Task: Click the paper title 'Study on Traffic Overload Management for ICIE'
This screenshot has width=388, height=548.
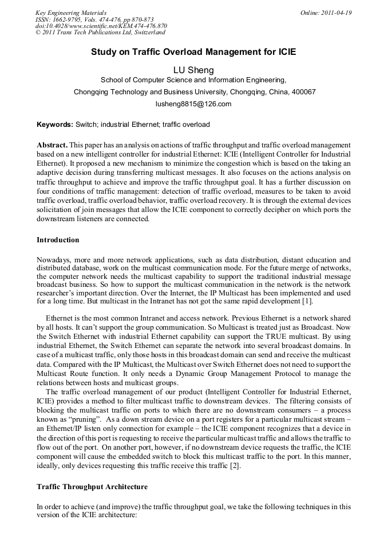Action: [x=193, y=51]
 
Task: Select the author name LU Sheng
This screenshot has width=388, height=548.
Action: [x=193, y=70]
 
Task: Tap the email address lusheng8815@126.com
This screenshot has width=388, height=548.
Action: [x=193, y=104]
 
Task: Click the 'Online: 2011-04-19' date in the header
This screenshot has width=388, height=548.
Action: [x=326, y=13]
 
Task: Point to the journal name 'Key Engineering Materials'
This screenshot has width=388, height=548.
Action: [x=70, y=13]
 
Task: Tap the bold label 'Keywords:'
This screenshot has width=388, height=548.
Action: [x=55, y=125]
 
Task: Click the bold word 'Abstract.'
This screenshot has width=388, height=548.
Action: [x=52, y=146]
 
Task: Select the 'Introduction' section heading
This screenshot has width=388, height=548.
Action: [x=58, y=239]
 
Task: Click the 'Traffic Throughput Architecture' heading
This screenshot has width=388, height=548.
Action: [x=92, y=487]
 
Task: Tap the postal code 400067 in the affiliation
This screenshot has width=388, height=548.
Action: [x=304, y=92]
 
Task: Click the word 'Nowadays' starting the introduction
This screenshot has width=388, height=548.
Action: [x=53, y=260]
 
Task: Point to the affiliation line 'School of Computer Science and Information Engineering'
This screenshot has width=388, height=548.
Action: [x=193, y=81]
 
